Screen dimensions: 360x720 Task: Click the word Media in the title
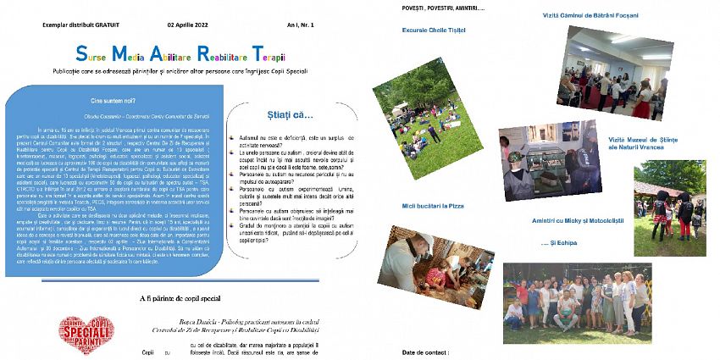coord(129,54)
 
